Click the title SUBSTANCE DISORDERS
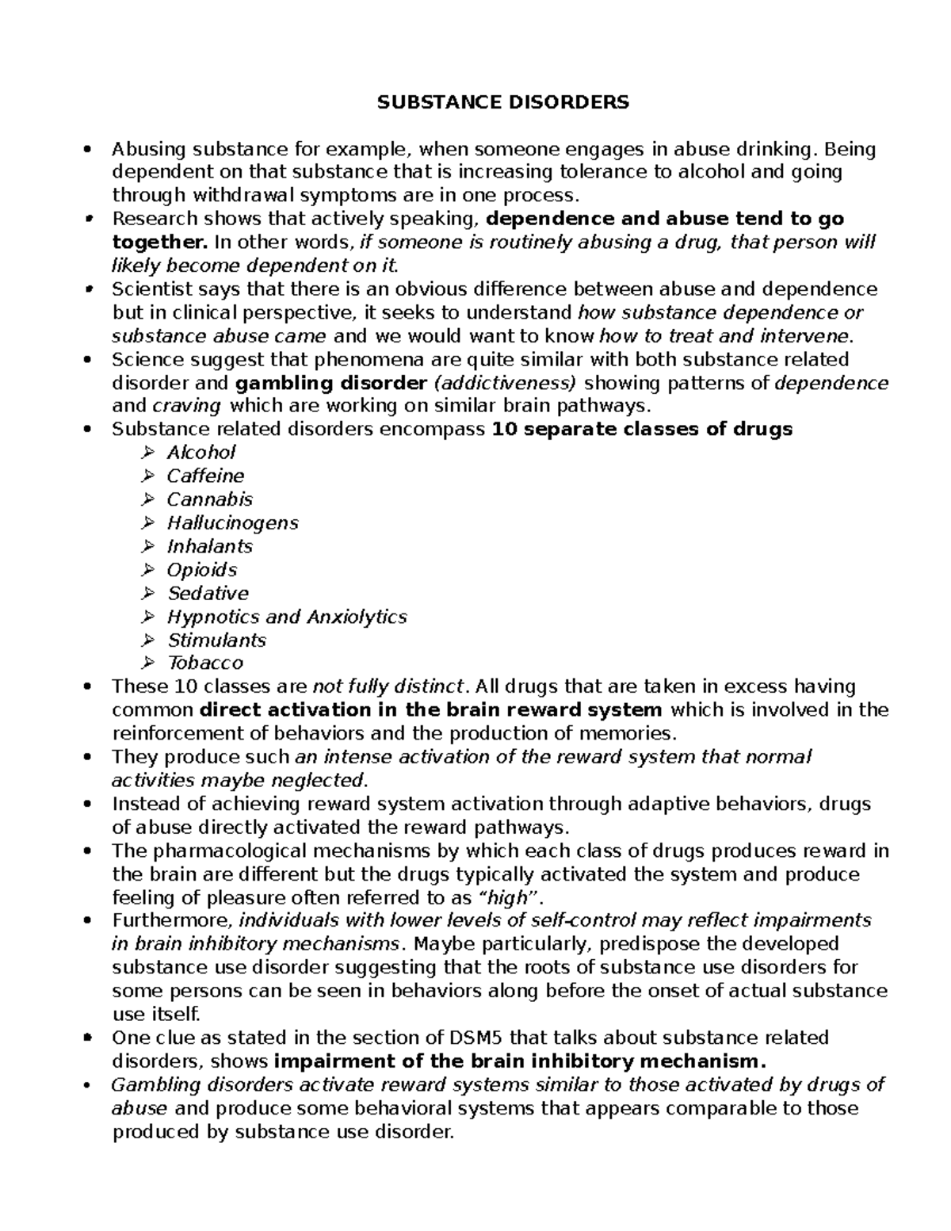click(x=502, y=102)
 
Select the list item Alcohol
click(x=201, y=453)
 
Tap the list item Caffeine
click(x=205, y=476)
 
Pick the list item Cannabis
click(x=209, y=499)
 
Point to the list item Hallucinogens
click(x=232, y=523)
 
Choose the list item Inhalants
click(x=209, y=546)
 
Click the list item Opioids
click(x=201, y=570)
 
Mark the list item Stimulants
click(x=216, y=640)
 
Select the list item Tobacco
click(x=205, y=663)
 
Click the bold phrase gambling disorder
click(x=331, y=384)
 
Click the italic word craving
click(x=186, y=407)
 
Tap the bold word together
click(x=154, y=243)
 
